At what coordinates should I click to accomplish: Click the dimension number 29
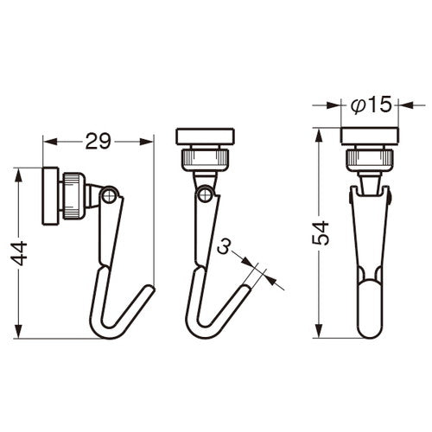coord(98,141)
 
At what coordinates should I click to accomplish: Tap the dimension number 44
coord(19,253)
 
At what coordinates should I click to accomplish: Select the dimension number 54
coord(321,233)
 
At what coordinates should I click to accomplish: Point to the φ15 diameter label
coord(372,105)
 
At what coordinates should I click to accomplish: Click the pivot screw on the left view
coord(110,196)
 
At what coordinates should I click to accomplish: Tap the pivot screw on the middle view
coord(206,194)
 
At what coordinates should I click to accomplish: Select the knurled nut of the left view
coord(73,196)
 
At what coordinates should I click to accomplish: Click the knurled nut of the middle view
coord(205,159)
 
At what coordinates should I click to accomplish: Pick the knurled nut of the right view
coord(370,160)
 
